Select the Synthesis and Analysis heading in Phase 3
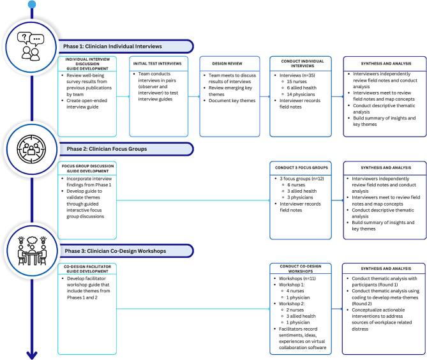point(381,268)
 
